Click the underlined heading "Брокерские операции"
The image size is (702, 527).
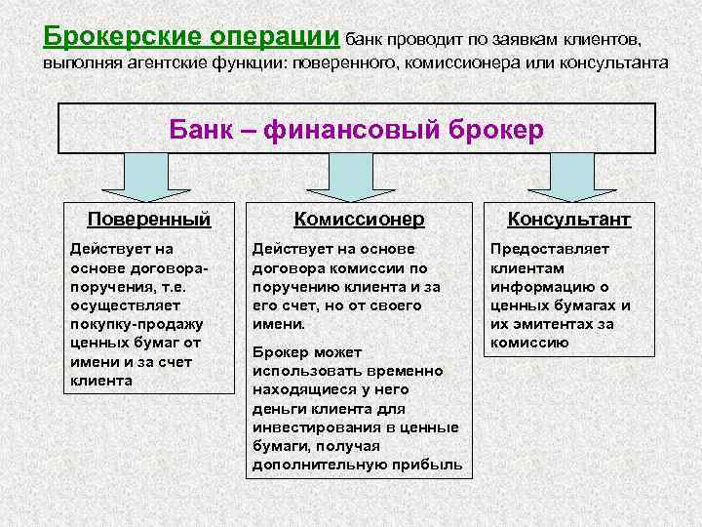192,36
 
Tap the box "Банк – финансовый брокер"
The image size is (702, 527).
356,129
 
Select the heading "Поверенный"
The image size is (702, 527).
148,219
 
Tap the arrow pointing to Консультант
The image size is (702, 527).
569,179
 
